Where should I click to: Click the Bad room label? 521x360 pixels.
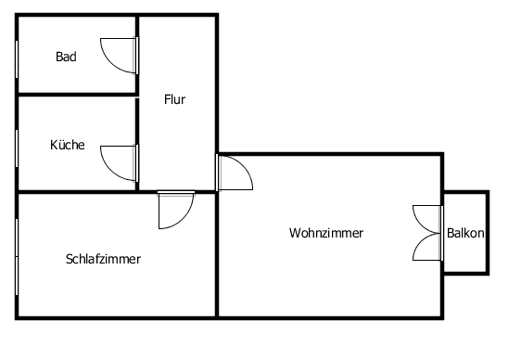point(66,57)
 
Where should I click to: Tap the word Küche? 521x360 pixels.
point(68,145)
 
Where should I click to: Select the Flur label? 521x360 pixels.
point(175,99)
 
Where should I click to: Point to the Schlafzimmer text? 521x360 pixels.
point(103,259)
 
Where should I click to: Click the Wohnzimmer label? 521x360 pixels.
point(326,233)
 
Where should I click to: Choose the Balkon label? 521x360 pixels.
point(465,234)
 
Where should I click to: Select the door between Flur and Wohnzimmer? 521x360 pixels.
point(234,173)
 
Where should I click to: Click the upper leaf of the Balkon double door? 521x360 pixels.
point(427,219)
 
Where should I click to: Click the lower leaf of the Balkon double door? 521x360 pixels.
point(427,246)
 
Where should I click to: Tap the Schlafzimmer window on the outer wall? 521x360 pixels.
point(18,254)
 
